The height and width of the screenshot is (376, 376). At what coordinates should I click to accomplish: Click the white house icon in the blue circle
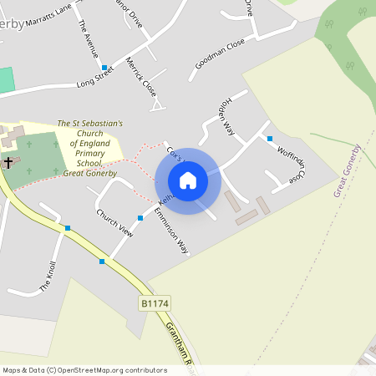click(188, 180)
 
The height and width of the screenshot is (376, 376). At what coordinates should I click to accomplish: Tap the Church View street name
click(114, 221)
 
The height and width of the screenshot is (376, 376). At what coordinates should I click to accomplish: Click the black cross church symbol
click(8, 160)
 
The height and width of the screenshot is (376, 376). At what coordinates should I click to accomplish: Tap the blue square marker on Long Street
click(104, 67)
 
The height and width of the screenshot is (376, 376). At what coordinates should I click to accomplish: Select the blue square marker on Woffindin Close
click(269, 138)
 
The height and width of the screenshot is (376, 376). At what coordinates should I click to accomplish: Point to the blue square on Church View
click(140, 217)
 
